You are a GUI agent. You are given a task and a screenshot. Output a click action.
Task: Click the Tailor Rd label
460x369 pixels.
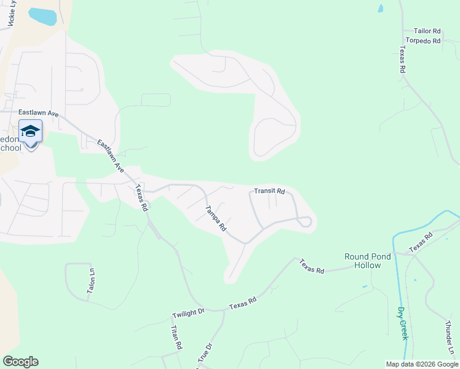pyautogui.click(x=427, y=31)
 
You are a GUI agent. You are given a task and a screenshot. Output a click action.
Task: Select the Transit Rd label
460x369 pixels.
pyautogui.click(x=271, y=191)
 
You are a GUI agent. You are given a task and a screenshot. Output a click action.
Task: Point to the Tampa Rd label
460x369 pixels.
pyautogui.click(x=215, y=218)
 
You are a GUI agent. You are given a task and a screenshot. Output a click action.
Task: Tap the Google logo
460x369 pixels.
pyautogui.click(x=20, y=362)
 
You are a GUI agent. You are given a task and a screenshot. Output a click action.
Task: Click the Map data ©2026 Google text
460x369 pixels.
pyautogui.click(x=421, y=364)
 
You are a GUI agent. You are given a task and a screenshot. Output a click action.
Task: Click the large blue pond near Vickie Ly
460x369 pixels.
pyautogui.click(x=42, y=17)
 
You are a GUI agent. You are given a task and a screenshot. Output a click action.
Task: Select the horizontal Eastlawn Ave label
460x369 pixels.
pyautogui.click(x=38, y=113)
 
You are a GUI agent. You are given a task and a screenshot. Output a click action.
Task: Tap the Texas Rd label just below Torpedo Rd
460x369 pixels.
pyautogui.click(x=403, y=60)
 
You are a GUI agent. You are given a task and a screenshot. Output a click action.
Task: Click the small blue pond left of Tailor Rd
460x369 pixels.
pyautogui.click(x=381, y=9)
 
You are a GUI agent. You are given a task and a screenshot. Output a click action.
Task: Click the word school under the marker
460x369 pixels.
pyautogui.click(x=10, y=148)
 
